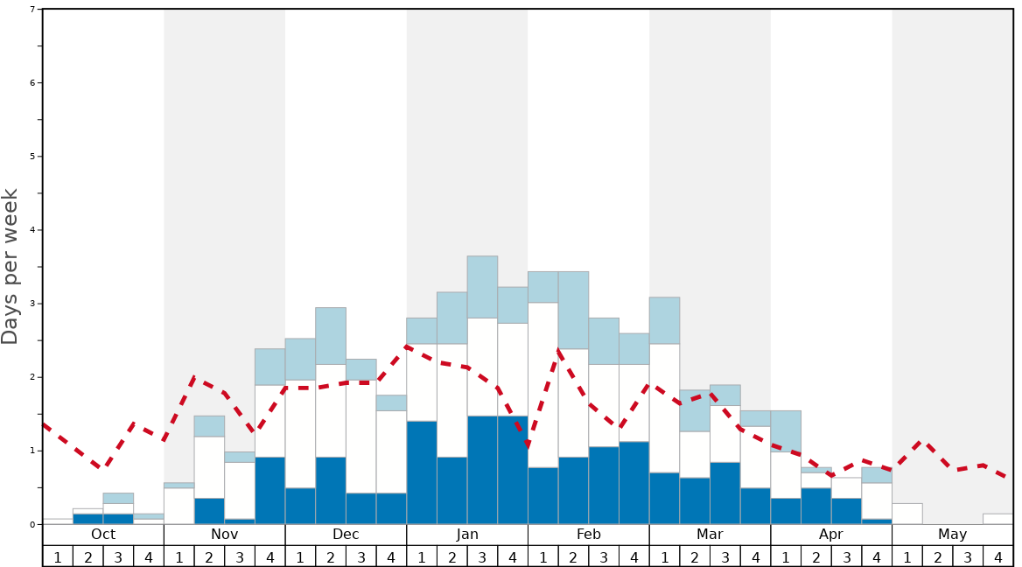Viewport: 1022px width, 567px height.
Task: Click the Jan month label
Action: pyautogui.click(x=467, y=535)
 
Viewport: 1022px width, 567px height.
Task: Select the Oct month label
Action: pyautogui.click(x=103, y=535)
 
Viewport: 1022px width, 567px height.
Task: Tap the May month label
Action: pyautogui.click(x=953, y=535)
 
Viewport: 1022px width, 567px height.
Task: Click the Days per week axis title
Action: pyautogui.click(x=10, y=267)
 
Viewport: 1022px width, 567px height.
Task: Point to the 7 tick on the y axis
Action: pyautogui.click(x=32, y=10)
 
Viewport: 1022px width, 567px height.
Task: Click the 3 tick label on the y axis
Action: pyautogui.click(x=32, y=304)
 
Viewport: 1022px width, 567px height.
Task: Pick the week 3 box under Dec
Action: pyautogui.click(x=361, y=556)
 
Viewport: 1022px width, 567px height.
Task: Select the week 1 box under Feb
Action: pyautogui.click(x=543, y=556)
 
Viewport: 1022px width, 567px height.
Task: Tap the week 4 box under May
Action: pyautogui.click(x=998, y=556)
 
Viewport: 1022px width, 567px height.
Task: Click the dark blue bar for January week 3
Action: pyautogui.click(x=482, y=470)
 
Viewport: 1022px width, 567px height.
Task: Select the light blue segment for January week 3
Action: pyautogui.click(x=482, y=287)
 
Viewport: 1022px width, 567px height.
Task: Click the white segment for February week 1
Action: pyautogui.click(x=543, y=385)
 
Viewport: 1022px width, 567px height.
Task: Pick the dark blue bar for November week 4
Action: pyautogui.click(x=270, y=490)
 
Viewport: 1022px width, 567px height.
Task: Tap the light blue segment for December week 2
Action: pyautogui.click(x=331, y=336)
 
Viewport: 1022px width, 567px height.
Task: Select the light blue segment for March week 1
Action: pyautogui.click(x=664, y=320)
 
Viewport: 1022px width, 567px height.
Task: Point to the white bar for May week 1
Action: pyautogui.click(x=907, y=514)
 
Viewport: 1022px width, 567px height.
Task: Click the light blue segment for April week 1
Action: pyautogui.click(x=786, y=430)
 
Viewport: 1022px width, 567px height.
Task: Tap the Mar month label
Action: pyautogui.click(x=710, y=535)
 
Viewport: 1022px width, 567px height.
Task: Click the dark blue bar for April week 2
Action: pyautogui.click(x=816, y=506)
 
